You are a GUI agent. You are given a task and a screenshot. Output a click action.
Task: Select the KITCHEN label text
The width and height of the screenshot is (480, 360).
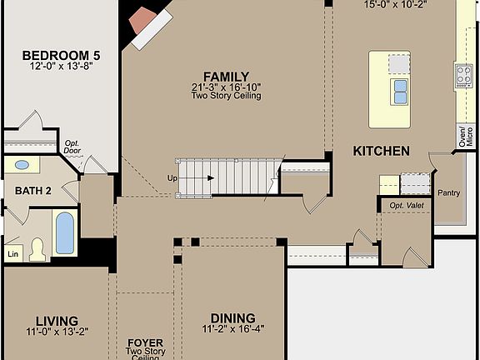coord(381,151)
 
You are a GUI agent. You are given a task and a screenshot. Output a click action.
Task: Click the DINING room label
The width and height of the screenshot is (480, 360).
coord(233,317)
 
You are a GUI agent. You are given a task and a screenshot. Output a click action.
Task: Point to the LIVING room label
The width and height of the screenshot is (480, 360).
coord(57,321)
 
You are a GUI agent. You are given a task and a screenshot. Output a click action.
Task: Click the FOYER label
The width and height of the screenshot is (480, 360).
coord(144,342)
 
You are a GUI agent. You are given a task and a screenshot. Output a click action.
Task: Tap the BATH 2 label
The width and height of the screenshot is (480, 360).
coord(33,190)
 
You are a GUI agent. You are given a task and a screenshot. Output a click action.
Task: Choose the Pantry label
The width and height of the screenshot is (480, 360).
coord(449,192)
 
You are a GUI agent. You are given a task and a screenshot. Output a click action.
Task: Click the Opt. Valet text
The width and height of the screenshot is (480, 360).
coord(406,205)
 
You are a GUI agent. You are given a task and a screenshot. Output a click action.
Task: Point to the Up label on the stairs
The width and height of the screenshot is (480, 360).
coord(172,178)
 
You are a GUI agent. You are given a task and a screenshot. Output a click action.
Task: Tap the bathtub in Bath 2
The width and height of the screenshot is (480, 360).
coord(64,233)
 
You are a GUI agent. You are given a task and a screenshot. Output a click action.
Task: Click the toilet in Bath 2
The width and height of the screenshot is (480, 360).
coord(37,249)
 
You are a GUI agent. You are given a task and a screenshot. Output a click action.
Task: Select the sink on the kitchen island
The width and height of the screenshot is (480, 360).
coord(400,91)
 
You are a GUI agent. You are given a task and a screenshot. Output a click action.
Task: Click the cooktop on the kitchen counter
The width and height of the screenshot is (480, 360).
coord(463,76)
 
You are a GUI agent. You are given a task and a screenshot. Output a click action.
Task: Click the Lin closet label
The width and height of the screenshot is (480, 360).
coord(12,253)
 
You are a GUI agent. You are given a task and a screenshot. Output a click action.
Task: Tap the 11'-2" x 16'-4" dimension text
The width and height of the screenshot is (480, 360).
coord(233,328)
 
